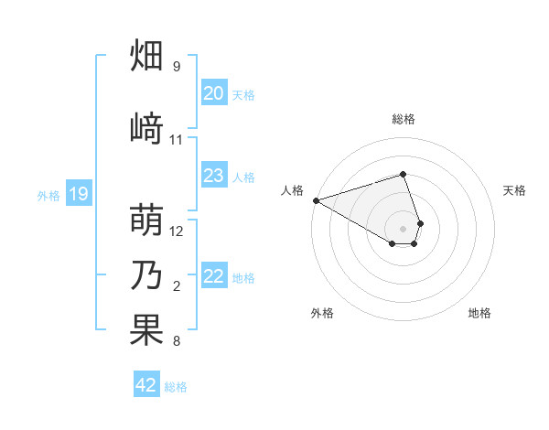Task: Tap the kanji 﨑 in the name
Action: coord(147,126)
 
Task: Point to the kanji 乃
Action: coord(147,275)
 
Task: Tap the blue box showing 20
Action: coord(214,93)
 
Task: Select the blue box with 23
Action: coord(214,176)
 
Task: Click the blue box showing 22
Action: coord(214,276)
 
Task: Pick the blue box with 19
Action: coord(79,194)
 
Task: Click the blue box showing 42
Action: coord(146,385)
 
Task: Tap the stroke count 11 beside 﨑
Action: coord(177,140)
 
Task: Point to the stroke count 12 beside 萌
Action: coord(177,231)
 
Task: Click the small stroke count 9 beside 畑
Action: coord(177,67)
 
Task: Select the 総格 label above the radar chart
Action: coord(404,119)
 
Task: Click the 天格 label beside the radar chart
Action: coord(515,190)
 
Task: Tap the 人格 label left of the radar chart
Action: coord(292,190)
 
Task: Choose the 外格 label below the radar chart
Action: coord(322,313)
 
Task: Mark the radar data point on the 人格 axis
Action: coord(316,200)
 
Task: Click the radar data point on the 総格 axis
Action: coord(404,174)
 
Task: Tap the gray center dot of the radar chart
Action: coord(404,228)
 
